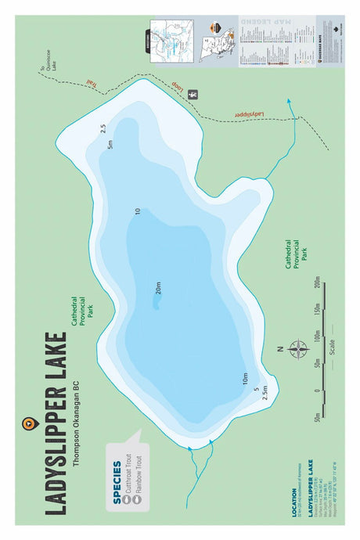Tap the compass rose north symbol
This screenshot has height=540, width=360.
click(298, 349)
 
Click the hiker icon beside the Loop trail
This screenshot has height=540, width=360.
click(193, 94)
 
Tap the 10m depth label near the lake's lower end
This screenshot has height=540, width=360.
click(245, 383)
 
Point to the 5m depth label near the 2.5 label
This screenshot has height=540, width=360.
click(110, 144)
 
